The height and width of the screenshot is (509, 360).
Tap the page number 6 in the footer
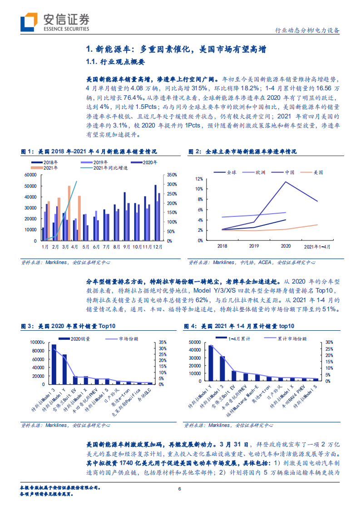coord(180,489)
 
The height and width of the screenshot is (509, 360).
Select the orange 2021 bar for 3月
coord(69,213)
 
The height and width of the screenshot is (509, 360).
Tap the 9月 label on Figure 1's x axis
coord(128,246)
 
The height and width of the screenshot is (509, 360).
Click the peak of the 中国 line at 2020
coord(285,182)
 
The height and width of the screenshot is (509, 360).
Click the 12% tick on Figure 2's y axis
coord(199,178)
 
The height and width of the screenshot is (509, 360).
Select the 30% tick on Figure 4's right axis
coord(330,343)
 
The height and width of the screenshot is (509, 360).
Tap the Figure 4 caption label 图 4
coord(190,326)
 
